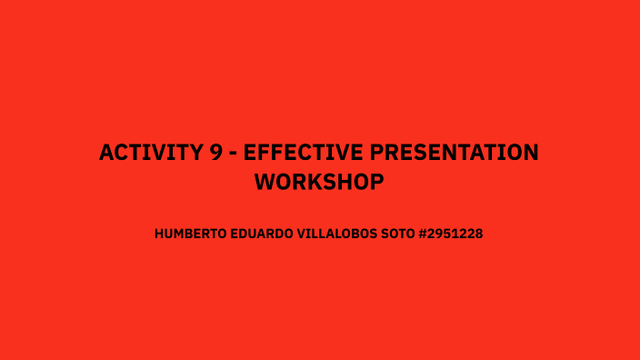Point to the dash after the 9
(235, 154)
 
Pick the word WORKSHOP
(319, 182)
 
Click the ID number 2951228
(459, 234)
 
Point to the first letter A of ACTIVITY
(106, 153)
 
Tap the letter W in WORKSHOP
(265, 182)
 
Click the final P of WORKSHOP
(376, 182)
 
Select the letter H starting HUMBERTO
(159, 234)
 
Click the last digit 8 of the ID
(478, 234)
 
